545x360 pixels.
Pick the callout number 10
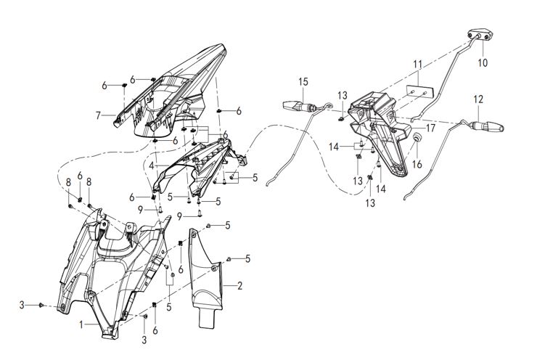[483, 63]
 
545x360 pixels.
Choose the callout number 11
[417, 65]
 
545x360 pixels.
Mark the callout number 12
[478, 98]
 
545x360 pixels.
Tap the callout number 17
[430, 128]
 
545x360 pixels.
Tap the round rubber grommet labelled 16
[419, 138]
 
